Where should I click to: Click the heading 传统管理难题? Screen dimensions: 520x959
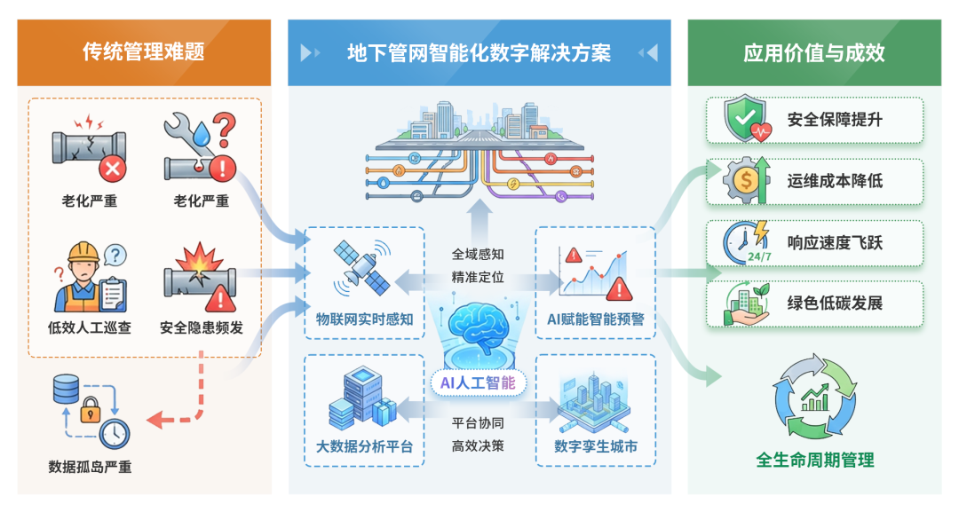tap(144, 51)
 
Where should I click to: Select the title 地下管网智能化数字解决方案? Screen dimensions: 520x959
tap(479, 53)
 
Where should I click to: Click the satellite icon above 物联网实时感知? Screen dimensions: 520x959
tap(363, 268)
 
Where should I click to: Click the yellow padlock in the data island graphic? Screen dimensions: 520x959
tap(91, 412)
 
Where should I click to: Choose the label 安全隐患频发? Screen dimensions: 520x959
tap(202, 327)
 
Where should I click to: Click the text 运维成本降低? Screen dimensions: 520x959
tap(835, 181)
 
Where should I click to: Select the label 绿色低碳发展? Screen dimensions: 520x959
tap(835, 303)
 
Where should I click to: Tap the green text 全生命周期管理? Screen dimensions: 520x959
tap(814, 460)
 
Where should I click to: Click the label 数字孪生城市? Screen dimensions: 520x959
tap(595, 445)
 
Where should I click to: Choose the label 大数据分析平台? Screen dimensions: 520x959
tap(364, 445)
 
